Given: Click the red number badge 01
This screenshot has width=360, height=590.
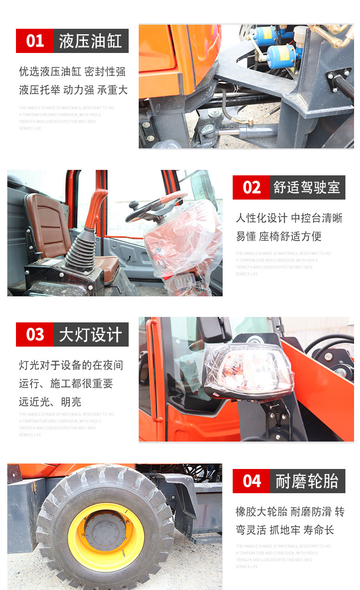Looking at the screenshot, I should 35,41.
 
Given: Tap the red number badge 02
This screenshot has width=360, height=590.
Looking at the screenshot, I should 251,188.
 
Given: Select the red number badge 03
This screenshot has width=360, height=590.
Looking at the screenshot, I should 35,335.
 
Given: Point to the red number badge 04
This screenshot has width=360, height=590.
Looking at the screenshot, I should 251,481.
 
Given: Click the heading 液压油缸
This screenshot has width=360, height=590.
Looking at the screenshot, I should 91,41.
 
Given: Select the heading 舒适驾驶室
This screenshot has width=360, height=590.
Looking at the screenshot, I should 307,188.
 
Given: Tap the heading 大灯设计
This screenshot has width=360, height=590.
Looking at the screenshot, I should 91,335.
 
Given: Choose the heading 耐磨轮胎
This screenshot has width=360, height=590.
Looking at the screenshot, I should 307,481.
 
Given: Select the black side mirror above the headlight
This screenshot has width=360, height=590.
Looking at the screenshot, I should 214,329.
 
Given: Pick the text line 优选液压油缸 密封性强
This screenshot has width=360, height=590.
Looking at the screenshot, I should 72,72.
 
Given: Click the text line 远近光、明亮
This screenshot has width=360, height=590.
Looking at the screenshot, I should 50,402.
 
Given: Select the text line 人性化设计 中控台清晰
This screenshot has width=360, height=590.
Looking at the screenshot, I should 289,218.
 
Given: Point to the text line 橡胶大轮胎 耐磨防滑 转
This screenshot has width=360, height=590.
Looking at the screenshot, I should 290,512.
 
